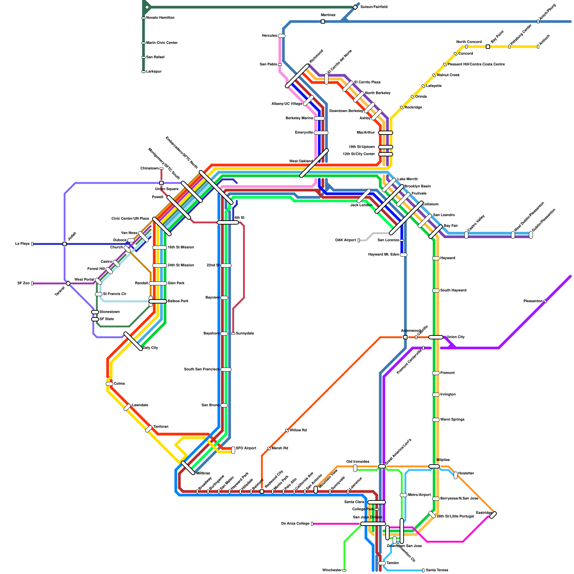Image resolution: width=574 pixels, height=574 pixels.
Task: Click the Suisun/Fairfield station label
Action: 373,7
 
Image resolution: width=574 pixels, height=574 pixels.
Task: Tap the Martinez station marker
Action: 323,22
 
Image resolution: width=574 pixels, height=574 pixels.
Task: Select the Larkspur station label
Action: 154,72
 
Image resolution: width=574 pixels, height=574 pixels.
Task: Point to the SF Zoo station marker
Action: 32,283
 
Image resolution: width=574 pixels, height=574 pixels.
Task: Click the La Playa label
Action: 22,244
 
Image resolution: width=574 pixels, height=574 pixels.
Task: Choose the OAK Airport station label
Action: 345,240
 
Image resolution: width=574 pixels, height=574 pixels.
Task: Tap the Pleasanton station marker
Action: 545,301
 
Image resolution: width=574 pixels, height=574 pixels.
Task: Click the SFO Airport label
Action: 246,448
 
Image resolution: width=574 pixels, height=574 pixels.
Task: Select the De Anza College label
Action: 295,524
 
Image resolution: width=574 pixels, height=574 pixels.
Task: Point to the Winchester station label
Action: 332,570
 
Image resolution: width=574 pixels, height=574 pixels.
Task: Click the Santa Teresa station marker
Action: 423,570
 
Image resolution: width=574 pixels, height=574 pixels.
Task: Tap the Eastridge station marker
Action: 493,515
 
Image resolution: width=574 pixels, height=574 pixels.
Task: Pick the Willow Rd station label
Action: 298,430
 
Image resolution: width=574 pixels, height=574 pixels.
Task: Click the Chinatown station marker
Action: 161,169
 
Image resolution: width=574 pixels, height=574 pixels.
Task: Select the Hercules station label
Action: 269,36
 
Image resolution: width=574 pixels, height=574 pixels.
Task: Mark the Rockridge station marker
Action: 402,108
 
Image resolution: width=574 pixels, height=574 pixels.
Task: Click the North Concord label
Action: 469,42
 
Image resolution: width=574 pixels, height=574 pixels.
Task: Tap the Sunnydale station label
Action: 245,334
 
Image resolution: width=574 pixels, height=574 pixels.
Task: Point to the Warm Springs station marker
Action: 436,420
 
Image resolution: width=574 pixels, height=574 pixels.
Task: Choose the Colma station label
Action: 119,384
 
